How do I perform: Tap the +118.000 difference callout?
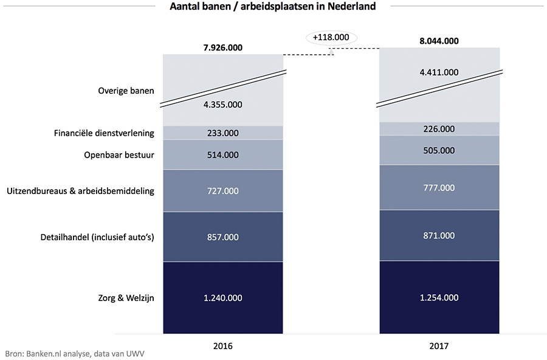point(331,37)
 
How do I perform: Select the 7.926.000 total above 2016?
point(222,47)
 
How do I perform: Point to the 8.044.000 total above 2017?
point(439,42)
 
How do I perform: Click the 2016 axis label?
point(222,345)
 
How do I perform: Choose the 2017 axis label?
point(439,345)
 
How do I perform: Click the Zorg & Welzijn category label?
point(126,298)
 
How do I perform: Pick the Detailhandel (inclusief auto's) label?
point(97,237)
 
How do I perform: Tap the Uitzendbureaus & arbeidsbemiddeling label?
point(80,191)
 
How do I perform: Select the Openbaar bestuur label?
point(119,155)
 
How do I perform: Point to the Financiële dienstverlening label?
point(104,133)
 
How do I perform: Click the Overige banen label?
point(126,91)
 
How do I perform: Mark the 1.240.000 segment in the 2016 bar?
point(222,298)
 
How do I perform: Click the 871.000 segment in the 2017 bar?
point(439,235)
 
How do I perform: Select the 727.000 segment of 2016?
point(222,191)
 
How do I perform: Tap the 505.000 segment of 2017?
point(439,150)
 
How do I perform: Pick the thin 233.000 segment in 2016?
point(222,133)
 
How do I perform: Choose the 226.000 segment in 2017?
point(439,128)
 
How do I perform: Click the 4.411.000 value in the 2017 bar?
point(439,72)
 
